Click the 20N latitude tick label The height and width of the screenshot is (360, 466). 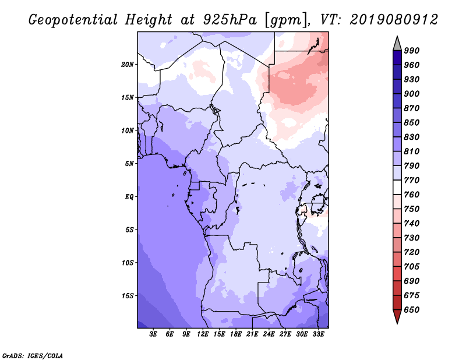click(128, 65)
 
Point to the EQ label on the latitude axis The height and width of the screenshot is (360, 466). click(129, 197)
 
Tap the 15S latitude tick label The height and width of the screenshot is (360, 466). click(128, 296)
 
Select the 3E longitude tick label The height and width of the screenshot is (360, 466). click(153, 334)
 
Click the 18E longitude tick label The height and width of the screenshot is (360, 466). click(236, 334)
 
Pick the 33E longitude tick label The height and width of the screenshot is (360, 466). click(318, 334)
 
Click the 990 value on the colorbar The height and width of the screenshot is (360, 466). click(412, 51)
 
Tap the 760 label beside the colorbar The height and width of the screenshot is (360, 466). click(412, 195)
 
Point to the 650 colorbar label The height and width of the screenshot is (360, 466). click(412, 310)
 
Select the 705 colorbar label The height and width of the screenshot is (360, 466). click(412, 266)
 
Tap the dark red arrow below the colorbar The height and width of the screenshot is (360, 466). click(397, 316)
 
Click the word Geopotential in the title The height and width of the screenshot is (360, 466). click(73, 20)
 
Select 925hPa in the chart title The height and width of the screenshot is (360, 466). click(230, 20)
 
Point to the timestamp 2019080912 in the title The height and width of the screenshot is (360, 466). click(394, 20)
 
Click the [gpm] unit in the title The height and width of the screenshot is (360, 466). click(286, 20)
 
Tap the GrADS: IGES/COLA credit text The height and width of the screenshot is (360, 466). click(33, 355)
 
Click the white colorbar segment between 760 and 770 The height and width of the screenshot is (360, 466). click(397, 188)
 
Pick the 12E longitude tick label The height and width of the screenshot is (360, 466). click(203, 334)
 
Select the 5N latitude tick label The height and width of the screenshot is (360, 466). click(129, 164)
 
